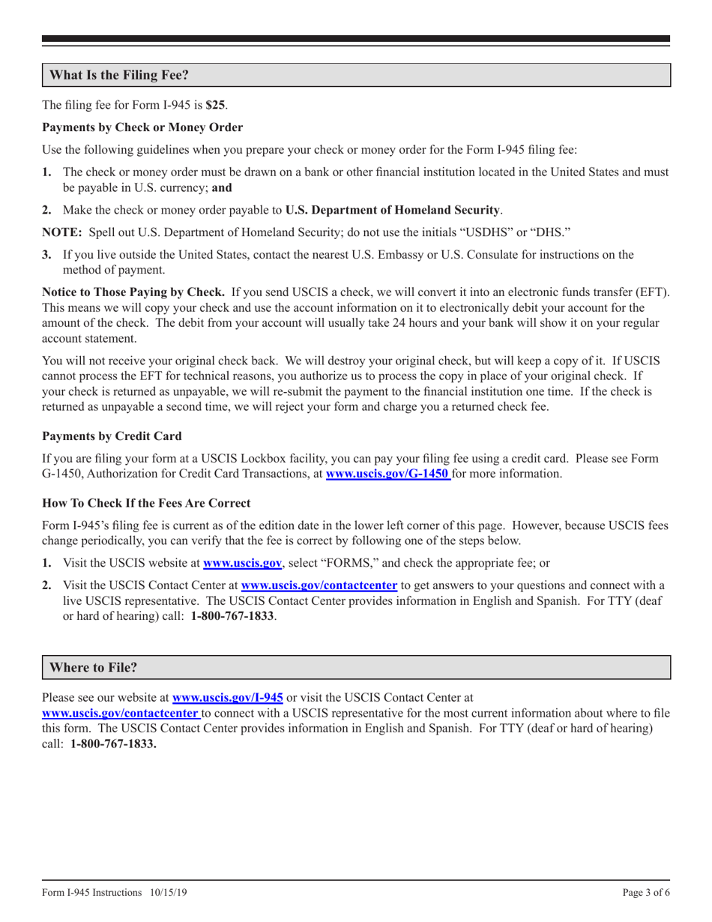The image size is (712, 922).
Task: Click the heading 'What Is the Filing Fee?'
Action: (x=118, y=76)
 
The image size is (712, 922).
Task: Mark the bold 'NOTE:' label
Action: (x=64, y=232)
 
